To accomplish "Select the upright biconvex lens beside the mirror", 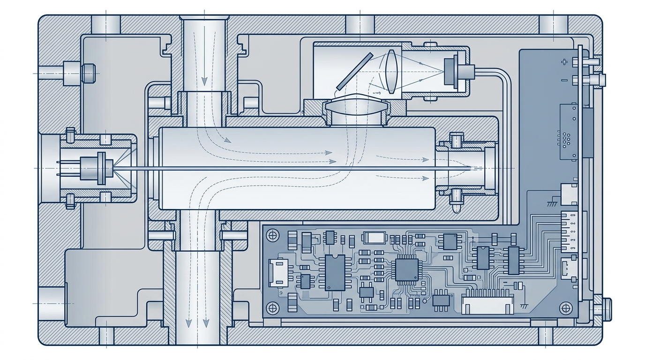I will click(391, 72).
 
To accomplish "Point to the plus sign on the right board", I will click(564, 61).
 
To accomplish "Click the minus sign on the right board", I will click(564, 81).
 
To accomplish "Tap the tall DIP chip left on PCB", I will click(335, 272).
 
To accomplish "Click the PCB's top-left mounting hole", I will click(272, 234).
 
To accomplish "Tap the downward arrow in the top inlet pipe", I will click(204, 80).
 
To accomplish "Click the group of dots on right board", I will click(566, 139).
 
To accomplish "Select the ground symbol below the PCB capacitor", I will click(522, 306).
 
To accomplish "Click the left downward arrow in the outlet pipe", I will click(188, 322).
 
